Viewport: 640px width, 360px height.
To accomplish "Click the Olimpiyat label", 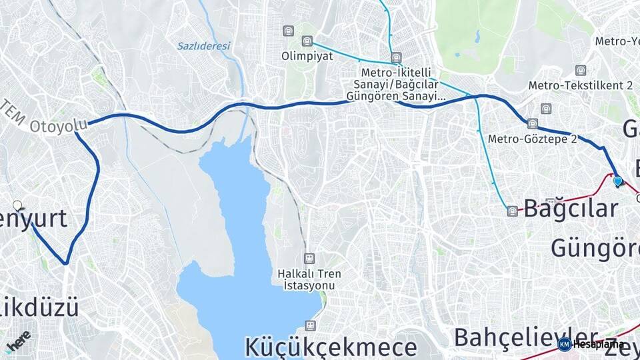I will [307, 56].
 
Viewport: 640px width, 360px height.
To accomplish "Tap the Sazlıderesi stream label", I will [203, 46].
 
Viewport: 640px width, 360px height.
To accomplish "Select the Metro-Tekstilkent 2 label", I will [580, 85].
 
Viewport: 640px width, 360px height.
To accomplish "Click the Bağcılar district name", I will [571, 209].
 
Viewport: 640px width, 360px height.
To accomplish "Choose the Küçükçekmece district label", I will [331, 347].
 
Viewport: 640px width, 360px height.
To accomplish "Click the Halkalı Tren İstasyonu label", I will [309, 279].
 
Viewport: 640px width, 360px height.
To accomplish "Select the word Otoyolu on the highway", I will [59, 125].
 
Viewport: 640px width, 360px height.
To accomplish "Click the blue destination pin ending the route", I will [617, 181].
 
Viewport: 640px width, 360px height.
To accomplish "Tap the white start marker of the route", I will [17, 206].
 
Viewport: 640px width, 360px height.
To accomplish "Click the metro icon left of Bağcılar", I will [512, 211].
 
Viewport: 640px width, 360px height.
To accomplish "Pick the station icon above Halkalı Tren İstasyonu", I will [309, 258].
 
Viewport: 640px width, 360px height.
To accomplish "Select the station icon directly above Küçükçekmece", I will [309, 325].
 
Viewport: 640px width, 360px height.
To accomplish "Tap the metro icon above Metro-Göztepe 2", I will [532, 123].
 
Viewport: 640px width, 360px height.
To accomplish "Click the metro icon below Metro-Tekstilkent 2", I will [547, 108].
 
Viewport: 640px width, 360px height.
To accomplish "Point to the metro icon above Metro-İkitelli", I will [397, 57].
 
